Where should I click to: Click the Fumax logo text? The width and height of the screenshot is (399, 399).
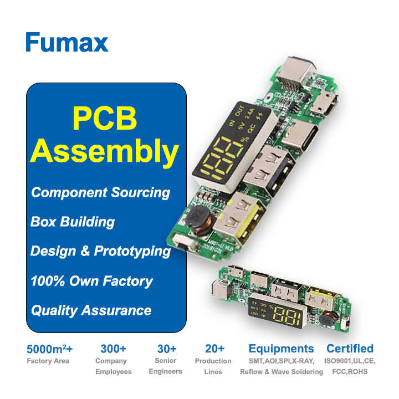[66, 43]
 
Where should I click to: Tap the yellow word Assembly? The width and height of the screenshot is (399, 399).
[105, 151]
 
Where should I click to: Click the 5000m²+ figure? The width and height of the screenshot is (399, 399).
[50, 349]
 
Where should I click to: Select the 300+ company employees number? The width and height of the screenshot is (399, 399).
[113, 349]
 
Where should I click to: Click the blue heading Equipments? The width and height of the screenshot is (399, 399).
[281, 349]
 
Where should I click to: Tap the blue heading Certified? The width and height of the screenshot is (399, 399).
[350, 349]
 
